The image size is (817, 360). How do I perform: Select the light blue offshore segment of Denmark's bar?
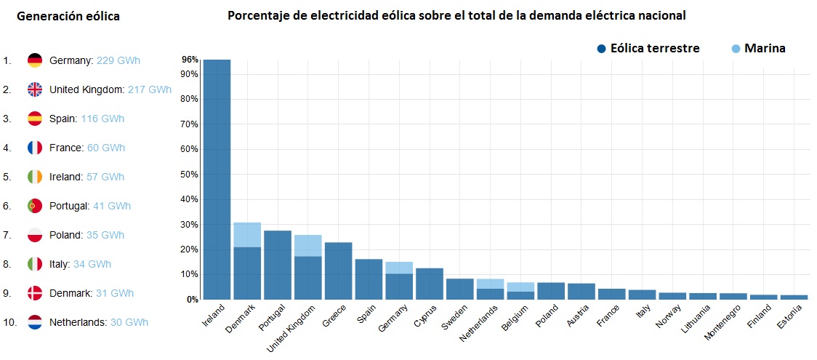247,235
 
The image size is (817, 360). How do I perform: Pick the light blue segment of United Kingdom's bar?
308,245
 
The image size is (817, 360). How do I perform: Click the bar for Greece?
339,270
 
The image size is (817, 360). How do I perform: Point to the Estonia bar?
794,297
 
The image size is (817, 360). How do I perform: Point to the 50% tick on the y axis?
188,175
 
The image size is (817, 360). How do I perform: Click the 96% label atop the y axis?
189,60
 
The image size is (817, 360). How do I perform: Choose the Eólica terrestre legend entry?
648,49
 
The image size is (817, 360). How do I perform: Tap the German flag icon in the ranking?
35,60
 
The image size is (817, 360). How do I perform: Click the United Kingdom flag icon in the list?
35,89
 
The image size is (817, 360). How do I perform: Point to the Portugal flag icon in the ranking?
35,206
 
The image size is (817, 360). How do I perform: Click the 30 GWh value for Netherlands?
129,322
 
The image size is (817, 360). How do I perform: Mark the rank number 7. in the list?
7,235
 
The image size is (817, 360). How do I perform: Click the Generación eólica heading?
68,16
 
